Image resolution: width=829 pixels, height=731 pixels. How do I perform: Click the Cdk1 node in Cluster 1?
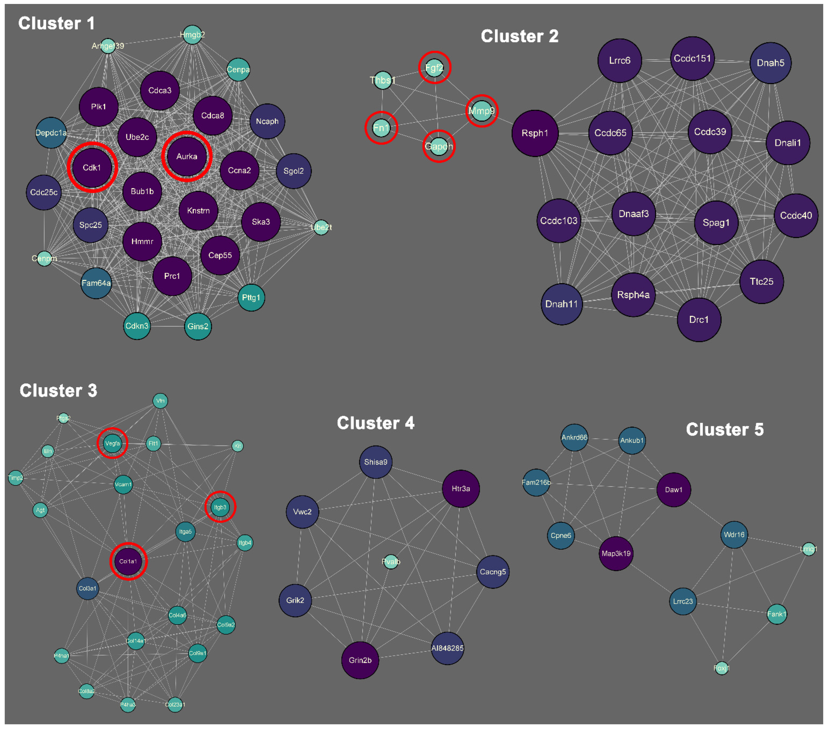point(92,167)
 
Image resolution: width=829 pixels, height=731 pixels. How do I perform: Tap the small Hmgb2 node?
point(192,35)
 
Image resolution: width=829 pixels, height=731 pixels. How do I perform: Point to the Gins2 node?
point(198,326)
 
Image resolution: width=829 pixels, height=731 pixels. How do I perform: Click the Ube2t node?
point(321,227)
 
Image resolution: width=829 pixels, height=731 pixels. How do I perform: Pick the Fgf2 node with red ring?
point(434,68)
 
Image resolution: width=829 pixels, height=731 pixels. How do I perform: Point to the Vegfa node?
point(112,443)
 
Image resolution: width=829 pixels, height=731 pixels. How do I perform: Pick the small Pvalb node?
point(391,562)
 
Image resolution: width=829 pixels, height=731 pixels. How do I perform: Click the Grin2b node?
point(360,660)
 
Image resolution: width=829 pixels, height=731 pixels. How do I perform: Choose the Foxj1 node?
point(721,668)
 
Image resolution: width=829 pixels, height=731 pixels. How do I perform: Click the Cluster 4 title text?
point(376,423)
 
